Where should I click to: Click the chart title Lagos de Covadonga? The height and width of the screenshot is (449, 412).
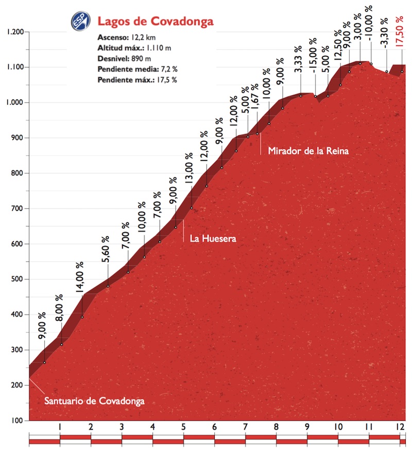coord(155,22)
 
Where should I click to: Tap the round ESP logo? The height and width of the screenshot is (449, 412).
coord(80,21)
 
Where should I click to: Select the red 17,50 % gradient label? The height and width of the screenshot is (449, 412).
coord(399,32)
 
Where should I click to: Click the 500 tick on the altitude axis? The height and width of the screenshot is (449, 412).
coord(19,279)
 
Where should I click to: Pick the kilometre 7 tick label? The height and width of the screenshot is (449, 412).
coord(245,427)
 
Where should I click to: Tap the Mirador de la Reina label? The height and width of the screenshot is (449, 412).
coord(308,151)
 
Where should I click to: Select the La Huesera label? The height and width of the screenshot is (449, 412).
coord(213,239)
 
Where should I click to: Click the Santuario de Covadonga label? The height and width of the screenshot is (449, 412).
coord(94,401)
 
